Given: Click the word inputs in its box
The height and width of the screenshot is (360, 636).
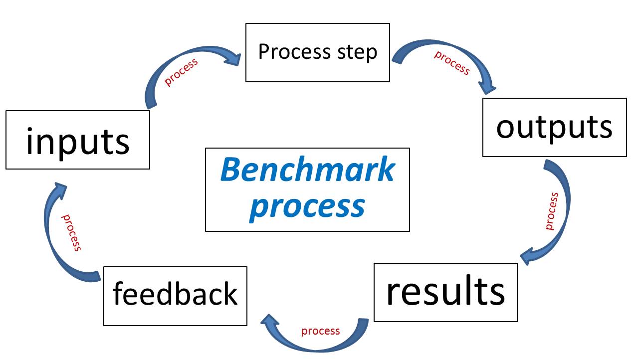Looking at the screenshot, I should coord(77,141).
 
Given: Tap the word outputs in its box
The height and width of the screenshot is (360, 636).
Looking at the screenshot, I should coord(554,128).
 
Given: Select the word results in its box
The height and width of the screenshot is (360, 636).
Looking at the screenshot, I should coord(445,292).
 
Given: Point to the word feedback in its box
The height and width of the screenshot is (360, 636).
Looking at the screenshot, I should coord(175,294).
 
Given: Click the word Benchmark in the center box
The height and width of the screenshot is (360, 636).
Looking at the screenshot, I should coord(307,170).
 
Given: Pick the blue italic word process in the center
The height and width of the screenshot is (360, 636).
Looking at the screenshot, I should coord(307,205).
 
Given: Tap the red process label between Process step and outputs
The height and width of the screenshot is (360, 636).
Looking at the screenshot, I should coord(452,62).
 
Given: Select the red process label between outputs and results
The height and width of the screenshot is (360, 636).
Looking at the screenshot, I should coord(551,211).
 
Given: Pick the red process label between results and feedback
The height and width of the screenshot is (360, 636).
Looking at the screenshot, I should coord(320,331).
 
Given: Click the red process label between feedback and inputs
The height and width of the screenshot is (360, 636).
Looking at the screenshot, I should coord(71,232).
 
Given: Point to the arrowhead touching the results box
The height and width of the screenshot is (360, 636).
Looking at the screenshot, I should coord(528,256).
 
